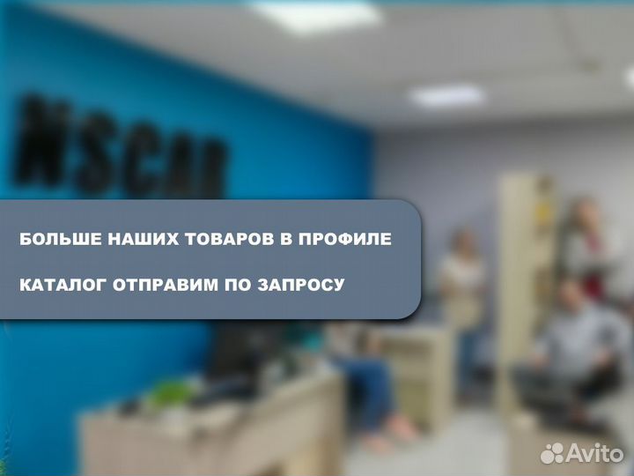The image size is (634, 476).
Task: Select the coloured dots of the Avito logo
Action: click(551, 452)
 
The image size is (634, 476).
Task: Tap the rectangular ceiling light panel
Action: click(447, 94)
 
